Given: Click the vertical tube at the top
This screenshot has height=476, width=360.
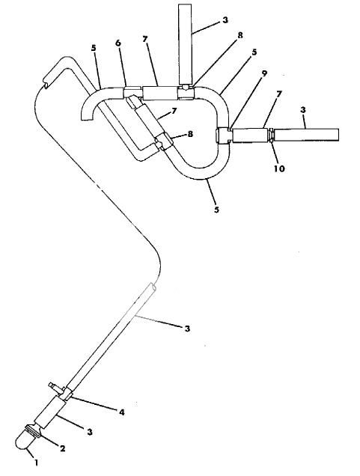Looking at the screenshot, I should [x=186, y=41].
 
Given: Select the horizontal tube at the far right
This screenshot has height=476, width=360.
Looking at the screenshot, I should [x=307, y=135].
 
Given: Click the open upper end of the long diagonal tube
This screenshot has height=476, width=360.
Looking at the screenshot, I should [x=154, y=288].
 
